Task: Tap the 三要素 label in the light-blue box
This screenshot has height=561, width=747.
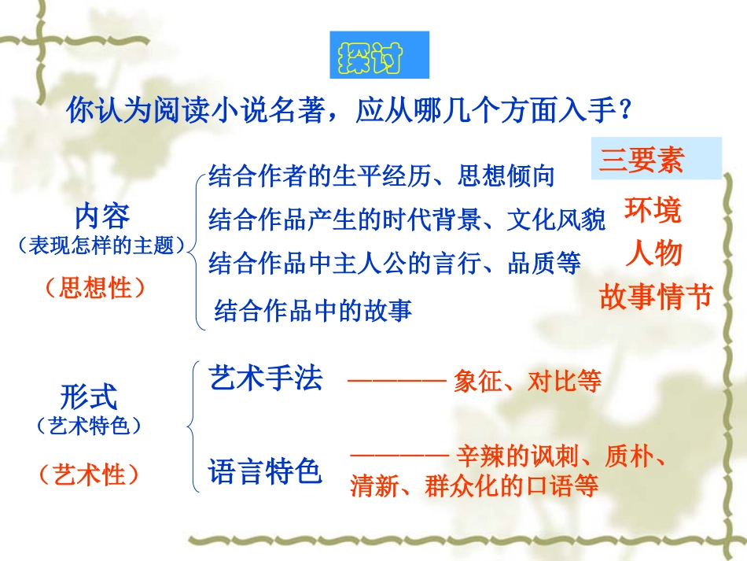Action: coord(642,160)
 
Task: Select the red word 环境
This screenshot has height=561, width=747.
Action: coord(653,210)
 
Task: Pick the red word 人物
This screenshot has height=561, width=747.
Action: coord(653,253)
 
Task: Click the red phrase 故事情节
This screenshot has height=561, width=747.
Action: coord(655,297)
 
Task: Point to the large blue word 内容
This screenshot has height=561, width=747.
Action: coord(102,216)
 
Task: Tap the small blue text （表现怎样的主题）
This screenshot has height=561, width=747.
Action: coord(102,246)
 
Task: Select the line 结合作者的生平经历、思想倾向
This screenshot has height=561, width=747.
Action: coord(381,176)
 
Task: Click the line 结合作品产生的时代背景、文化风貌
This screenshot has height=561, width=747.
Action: coord(407,221)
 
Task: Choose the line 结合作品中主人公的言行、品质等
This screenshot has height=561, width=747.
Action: coord(395,264)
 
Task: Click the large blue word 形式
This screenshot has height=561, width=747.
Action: coord(89,396)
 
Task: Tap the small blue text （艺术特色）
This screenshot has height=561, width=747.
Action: coord(89,426)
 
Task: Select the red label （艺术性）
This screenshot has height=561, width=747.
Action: coord(89,474)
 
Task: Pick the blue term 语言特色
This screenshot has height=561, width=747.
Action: coord(266,471)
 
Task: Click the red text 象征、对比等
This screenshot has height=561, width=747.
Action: coord(528,382)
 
